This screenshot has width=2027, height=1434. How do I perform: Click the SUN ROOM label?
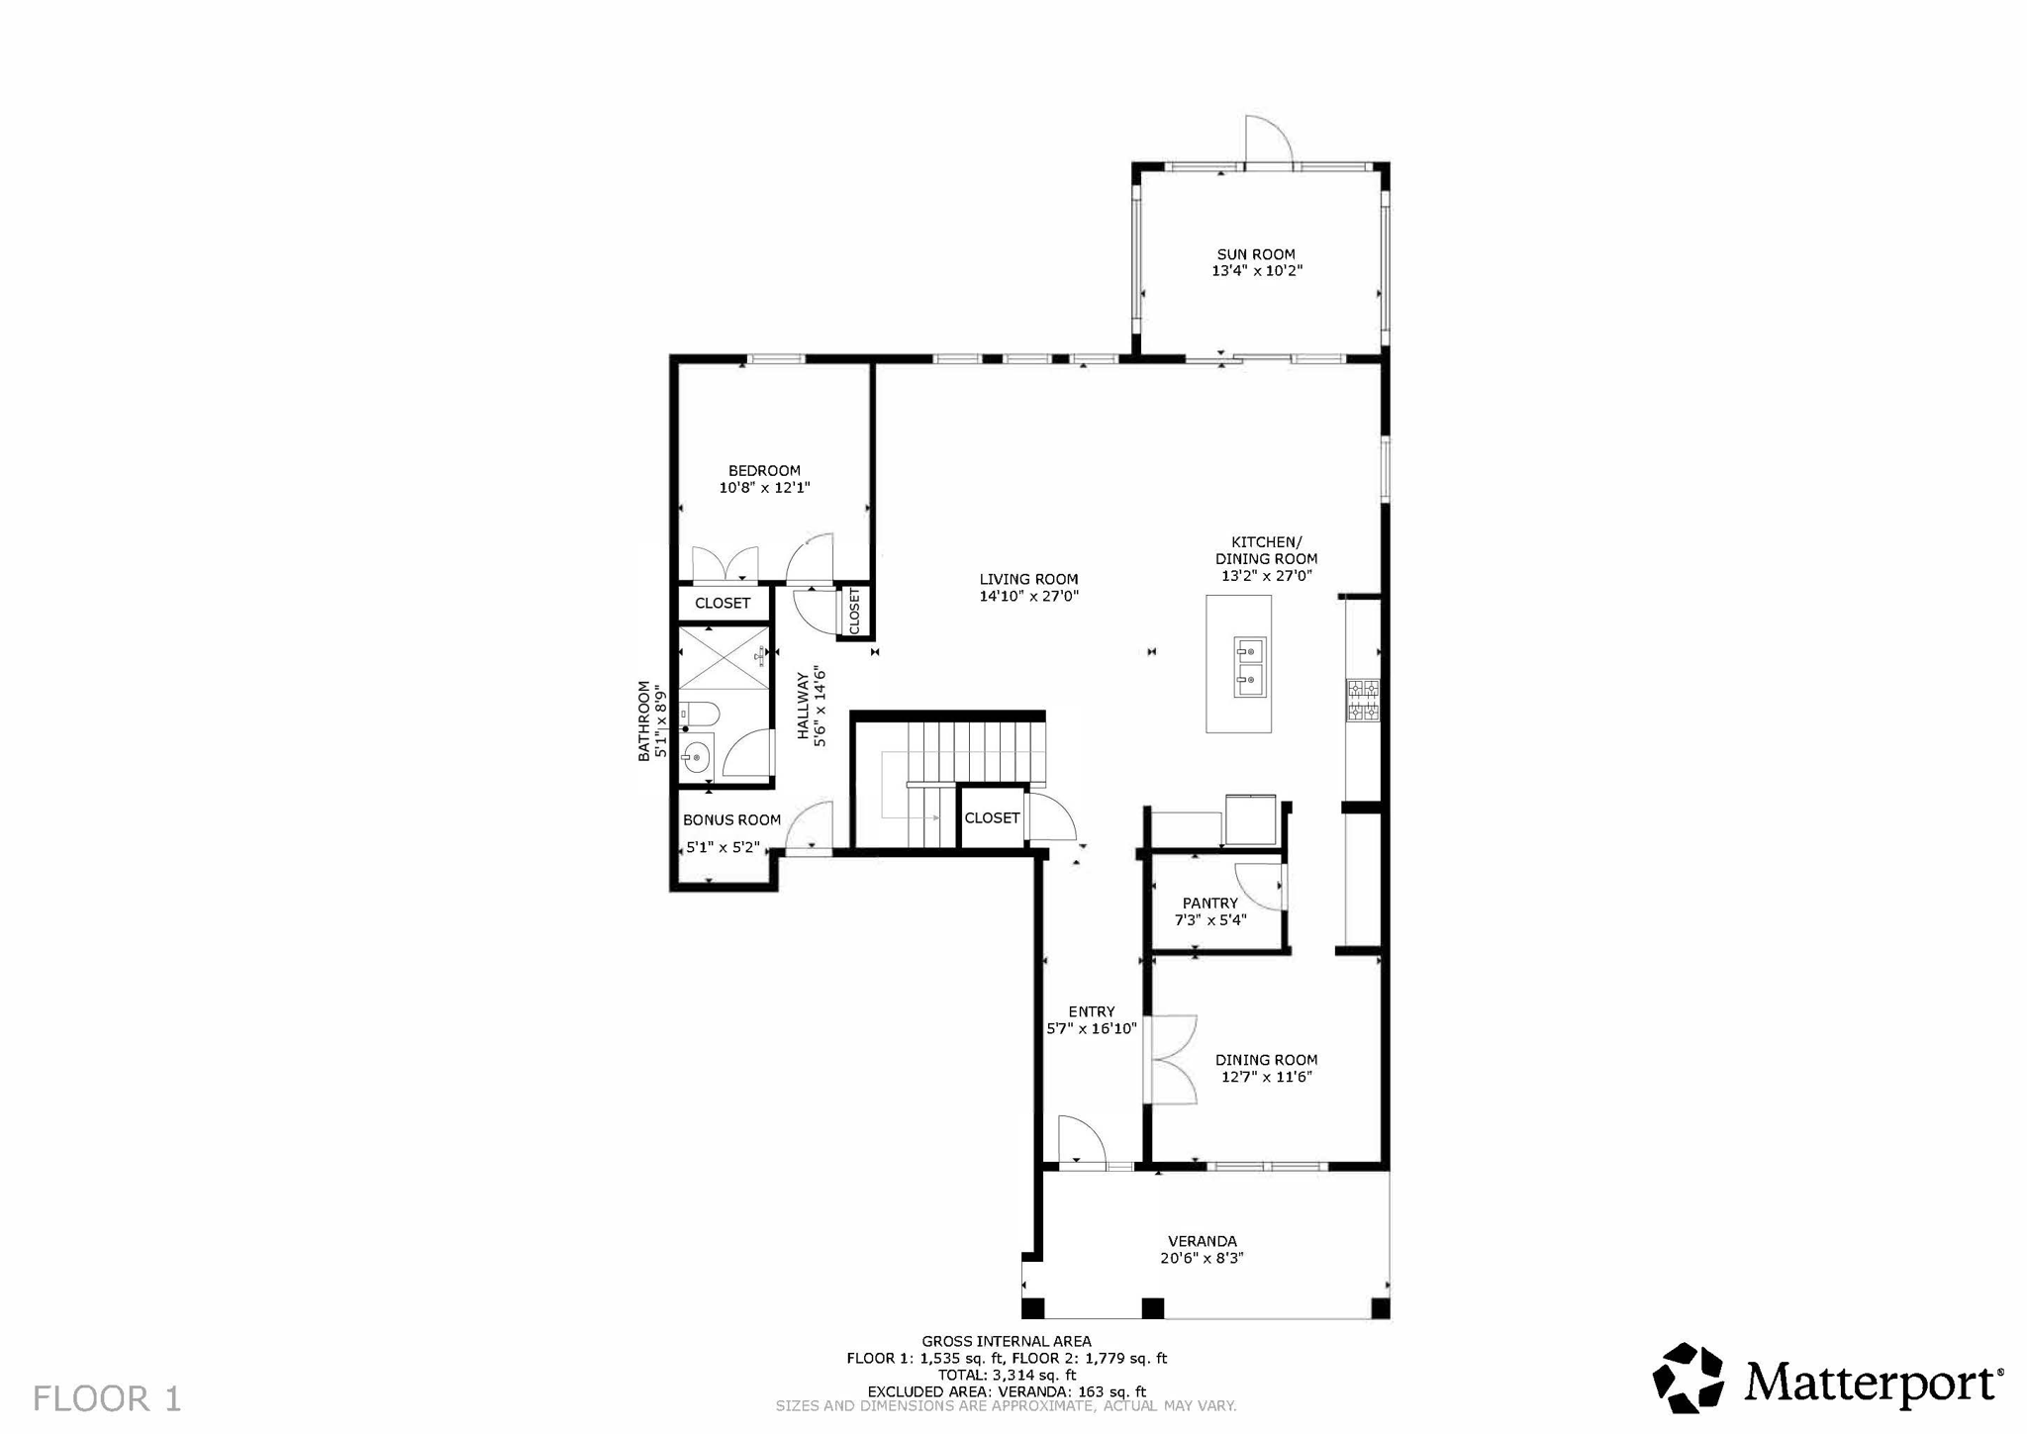click(x=1255, y=254)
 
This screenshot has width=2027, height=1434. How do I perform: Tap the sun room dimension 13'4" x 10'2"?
click(x=1257, y=271)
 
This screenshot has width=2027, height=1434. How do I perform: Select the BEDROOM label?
click(x=764, y=471)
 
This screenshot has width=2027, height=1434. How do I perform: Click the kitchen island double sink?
click(x=1250, y=666)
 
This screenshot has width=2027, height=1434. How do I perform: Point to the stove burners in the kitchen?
click(x=1362, y=699)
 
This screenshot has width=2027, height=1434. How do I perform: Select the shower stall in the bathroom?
click(x=723, y=658)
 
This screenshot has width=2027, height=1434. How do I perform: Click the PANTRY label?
click(x=1209, y=904)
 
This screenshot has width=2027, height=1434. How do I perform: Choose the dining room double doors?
click(x=1172, y=1059)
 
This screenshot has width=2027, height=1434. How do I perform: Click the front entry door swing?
click(x=1081, y=1143)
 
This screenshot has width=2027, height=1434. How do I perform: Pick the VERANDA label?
click(x=1202, y=1241)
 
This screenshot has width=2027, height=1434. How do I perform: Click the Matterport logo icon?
click(x=1689, y=1378)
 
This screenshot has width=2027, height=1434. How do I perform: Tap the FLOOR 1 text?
click(x=107, y=1398)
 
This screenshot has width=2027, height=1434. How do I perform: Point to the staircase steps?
click(x=975, y=752)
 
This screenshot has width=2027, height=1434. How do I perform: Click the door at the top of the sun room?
click(x=1268, y=141)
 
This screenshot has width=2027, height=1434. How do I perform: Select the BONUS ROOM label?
click(x=731, y=820)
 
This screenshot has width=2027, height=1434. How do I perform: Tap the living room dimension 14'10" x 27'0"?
click(x=1028, y=597)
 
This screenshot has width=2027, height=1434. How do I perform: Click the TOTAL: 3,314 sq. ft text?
click(x=1006, y=1375)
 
